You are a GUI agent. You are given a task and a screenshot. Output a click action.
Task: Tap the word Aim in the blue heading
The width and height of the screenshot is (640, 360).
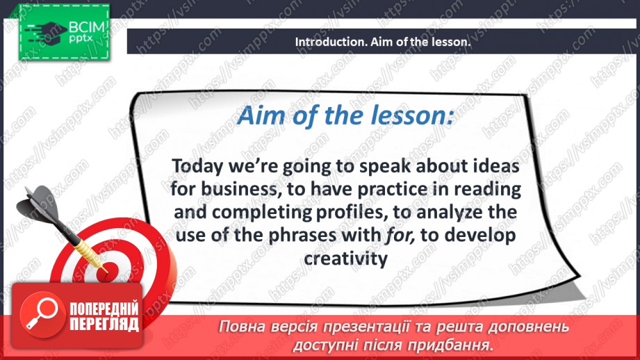pos(263,115)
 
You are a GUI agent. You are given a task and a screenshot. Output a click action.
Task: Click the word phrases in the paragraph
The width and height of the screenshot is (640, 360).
pos(303,236)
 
